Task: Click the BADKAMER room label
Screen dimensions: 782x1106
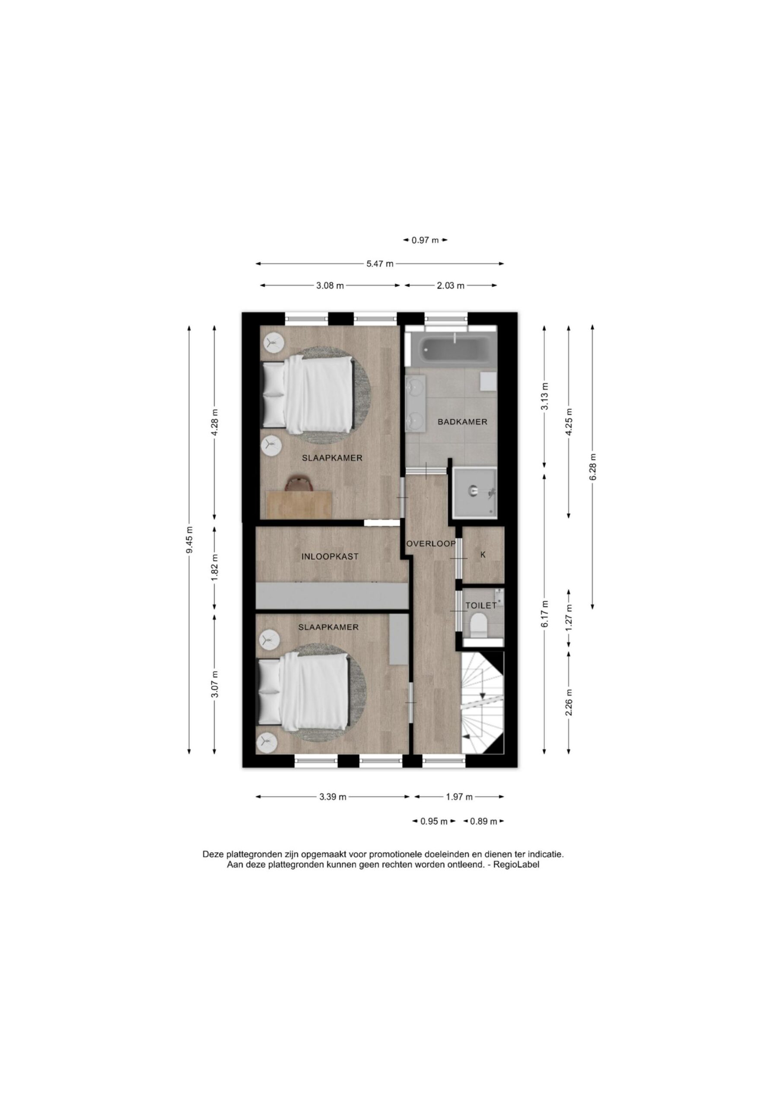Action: coord(462,422)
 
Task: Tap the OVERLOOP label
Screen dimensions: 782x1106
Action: coord(431,544)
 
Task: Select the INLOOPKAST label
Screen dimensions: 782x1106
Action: coord(330,556)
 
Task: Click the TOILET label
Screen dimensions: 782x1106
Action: coord(481,606)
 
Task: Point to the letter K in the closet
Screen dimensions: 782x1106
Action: coord(483,555)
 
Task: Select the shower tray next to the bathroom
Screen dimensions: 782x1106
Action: coord(474,493)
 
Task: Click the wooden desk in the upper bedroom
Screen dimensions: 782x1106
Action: coord(299,504)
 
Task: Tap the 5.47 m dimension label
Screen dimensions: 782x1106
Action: coord(380,264)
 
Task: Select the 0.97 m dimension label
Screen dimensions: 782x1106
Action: coord(426,240)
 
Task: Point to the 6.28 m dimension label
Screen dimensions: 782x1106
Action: coord(593,467)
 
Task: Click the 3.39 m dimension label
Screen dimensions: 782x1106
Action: coord(333,797)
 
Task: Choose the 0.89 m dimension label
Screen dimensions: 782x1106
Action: coord(484,821)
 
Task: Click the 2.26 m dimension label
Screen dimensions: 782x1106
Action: coord(569,703)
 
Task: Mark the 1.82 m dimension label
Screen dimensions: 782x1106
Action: coord(215,566)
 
